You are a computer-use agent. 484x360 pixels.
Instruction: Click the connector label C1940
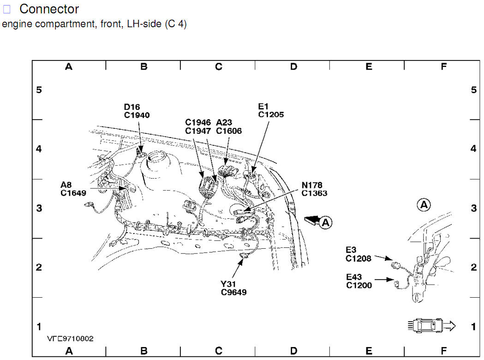(137, 115)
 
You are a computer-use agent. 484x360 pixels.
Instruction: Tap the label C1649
(73, 193)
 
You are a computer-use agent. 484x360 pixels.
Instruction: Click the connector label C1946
(198, 123)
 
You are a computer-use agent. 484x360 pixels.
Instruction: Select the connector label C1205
(271, 114)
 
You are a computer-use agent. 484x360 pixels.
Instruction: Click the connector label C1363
(314, 193)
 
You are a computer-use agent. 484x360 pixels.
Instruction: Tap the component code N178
(312, 185)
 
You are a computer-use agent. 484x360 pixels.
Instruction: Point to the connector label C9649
(233, 292)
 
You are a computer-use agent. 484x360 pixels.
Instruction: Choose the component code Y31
(228, 283)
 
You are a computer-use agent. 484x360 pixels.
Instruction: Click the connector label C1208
(359, 258)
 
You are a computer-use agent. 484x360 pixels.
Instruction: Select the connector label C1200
(359, 285)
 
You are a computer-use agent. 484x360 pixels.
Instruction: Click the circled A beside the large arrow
(326, 222)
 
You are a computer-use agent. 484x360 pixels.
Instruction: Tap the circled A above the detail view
(423, 204)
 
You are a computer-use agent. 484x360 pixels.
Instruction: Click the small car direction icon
(430, 326)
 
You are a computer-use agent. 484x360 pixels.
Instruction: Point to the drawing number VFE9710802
(70, 339)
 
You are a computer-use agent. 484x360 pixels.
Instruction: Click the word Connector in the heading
(49, 9)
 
